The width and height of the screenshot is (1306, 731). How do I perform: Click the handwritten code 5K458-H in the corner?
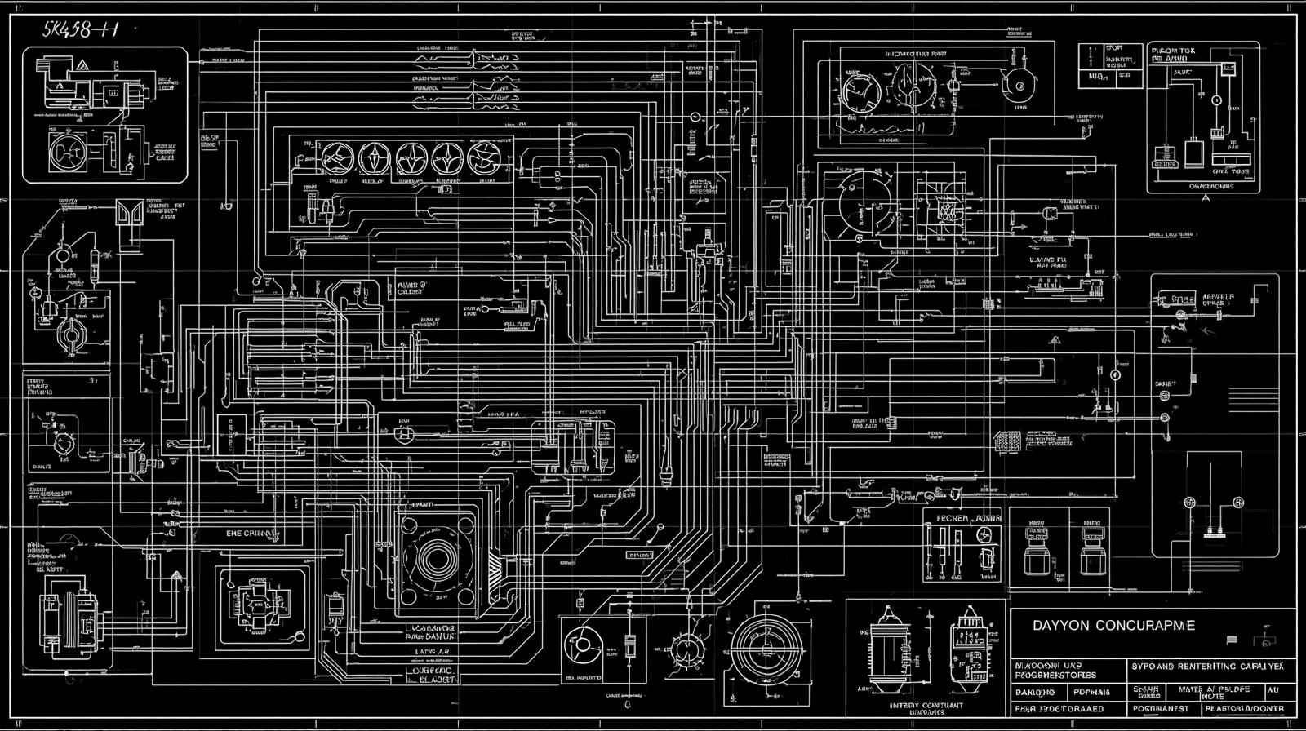[80, 30]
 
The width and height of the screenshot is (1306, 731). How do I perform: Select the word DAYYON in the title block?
[1061, 626]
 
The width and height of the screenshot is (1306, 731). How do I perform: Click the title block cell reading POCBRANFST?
[1158, 709]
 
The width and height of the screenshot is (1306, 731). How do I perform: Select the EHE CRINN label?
[252, 534]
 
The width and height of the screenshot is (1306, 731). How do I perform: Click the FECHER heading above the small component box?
[947, 518]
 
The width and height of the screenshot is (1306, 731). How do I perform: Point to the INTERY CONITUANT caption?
[926, 706]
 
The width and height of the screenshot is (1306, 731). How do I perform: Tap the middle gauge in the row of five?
[410, 157]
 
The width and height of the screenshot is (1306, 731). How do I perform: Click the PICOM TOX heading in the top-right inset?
[1172, 50]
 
